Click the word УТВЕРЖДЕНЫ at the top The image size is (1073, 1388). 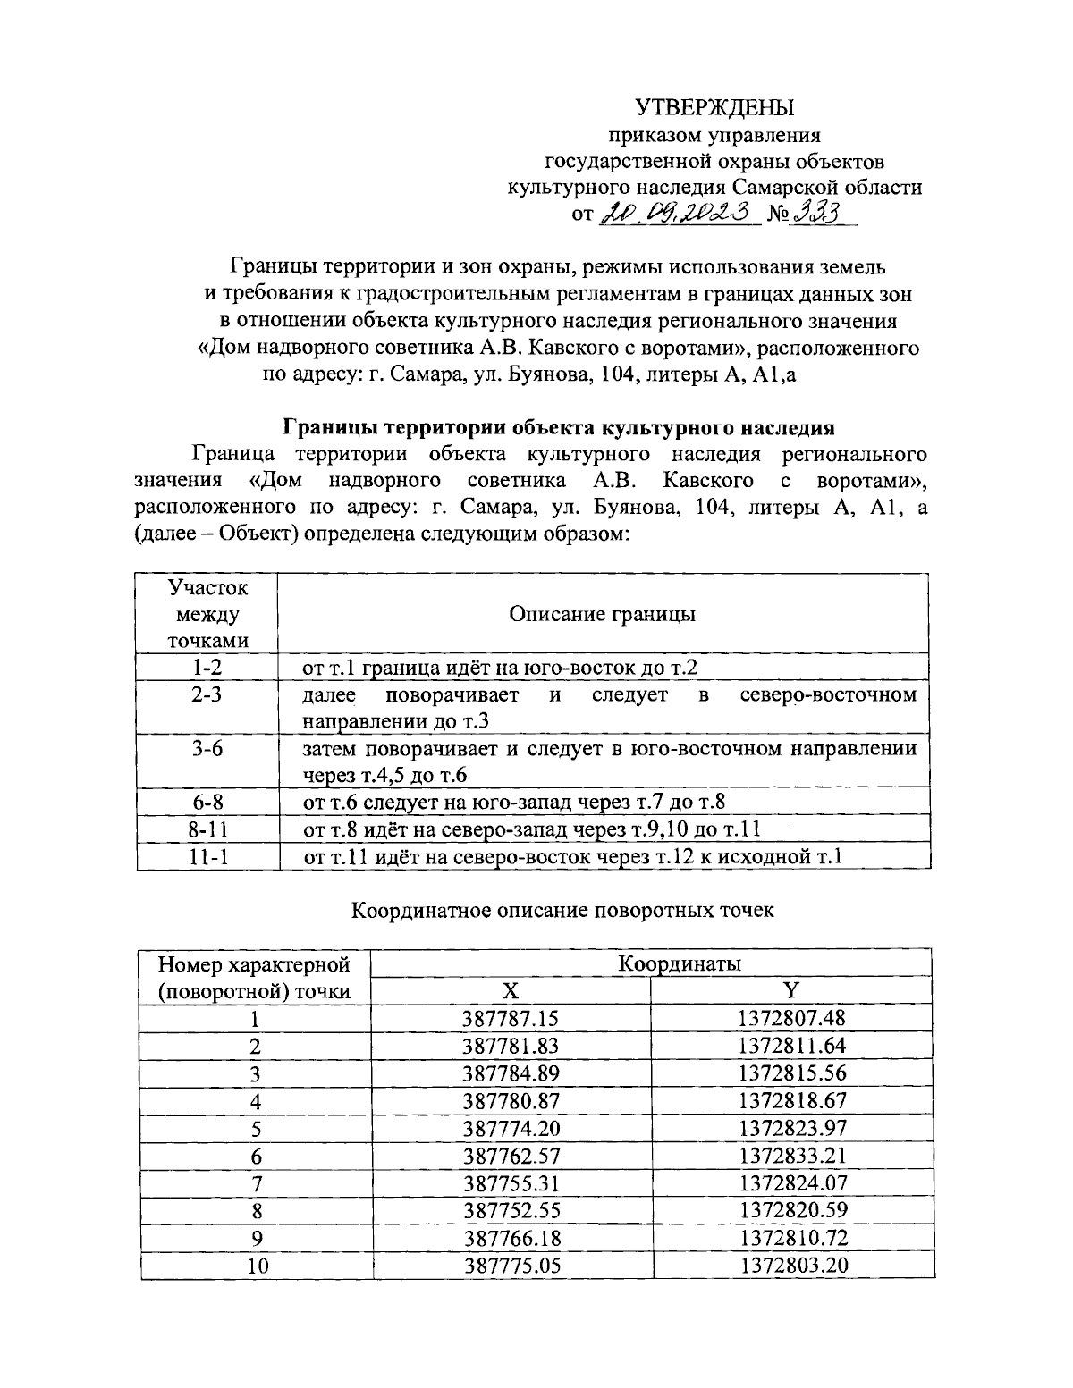point(714,108)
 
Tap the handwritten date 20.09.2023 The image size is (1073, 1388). point(679,215)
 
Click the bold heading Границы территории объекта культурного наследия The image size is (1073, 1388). point(559,426)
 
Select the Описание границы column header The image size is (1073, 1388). point(602,614)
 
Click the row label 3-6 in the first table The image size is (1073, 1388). point(207,748)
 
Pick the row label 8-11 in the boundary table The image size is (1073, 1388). point(207,829)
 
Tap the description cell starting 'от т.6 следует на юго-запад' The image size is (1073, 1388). point(514,802)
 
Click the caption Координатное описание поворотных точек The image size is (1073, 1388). point(562,911)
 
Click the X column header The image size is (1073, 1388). point(510,991)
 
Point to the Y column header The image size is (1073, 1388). point(791,991)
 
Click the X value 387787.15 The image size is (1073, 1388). point(511,1018)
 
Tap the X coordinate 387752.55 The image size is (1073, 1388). point(511,1211)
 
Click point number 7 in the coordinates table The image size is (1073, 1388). point(256,1183)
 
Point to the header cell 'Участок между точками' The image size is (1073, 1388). point(207,614)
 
